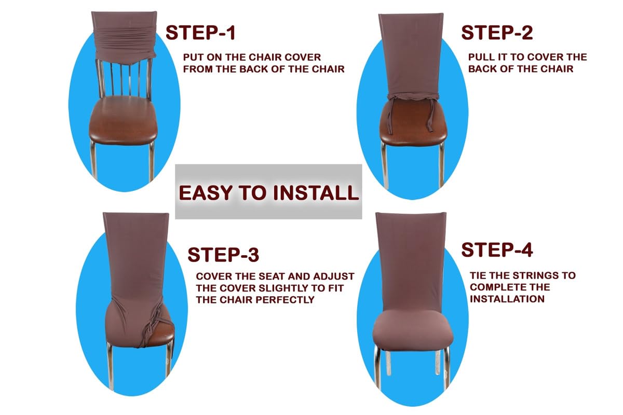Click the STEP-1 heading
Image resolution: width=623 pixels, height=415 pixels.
point(200,33)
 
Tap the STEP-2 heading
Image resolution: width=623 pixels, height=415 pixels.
point(497,33)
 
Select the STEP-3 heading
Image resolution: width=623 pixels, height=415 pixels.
point(223,255)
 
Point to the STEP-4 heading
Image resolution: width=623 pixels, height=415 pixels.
point(497,250)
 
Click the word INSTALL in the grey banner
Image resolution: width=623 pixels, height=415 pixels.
point(316,193)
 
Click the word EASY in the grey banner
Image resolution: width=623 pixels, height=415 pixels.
point(206,193)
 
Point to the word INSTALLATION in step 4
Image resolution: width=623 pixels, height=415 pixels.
point(507,299)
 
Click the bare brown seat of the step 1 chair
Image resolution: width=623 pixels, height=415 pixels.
point(123,122)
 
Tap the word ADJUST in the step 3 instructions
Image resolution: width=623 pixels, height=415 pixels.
point(333,276)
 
